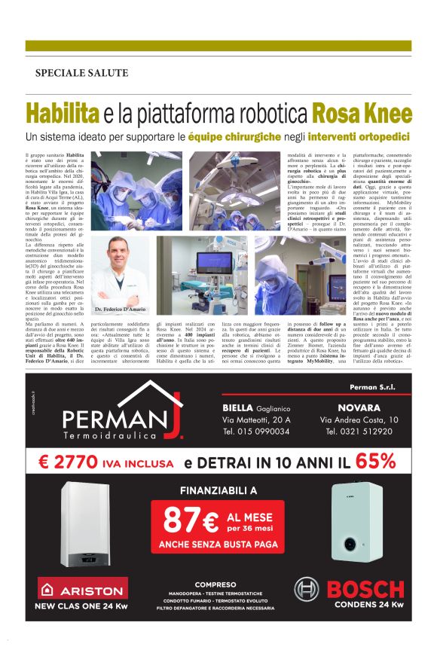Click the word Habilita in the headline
tap(63, 114)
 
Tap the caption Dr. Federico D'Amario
tap(120, 310)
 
